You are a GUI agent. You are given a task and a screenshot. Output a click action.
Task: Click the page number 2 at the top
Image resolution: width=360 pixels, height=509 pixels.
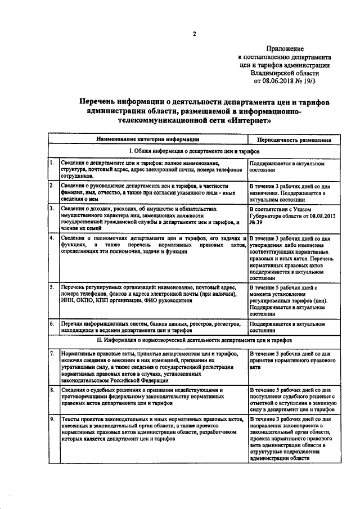click(x=195, y=34)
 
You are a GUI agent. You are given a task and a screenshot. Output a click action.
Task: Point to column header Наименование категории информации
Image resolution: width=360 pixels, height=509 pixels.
click(x=147, y=139)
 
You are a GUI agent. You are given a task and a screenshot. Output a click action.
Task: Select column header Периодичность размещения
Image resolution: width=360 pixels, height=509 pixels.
click(x=294, y=139)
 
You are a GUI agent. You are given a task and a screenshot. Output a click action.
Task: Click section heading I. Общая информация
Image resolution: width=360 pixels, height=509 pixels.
click(x=194, y=151)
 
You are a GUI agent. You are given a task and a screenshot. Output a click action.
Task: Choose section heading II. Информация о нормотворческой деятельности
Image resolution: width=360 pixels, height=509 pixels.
click(x=194, y=340)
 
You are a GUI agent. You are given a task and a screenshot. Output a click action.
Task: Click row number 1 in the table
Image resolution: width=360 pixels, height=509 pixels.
click(x=52, y=163)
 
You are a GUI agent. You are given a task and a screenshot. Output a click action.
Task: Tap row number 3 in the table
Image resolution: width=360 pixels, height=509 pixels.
click(x=52, y=208)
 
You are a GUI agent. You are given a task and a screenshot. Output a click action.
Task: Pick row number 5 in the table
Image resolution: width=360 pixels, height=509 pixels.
click(x=52, y=287)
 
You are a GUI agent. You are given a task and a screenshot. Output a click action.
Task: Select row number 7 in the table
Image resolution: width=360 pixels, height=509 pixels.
click(x=52, y=353)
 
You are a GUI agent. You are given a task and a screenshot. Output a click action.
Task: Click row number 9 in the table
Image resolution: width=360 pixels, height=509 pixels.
click(x=52, y=420)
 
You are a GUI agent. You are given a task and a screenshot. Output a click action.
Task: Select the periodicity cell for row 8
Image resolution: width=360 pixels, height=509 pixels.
click(x=294, y=399)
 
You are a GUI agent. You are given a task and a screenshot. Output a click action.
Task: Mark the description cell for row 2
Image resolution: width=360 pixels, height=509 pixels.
click(x=147, y=192)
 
